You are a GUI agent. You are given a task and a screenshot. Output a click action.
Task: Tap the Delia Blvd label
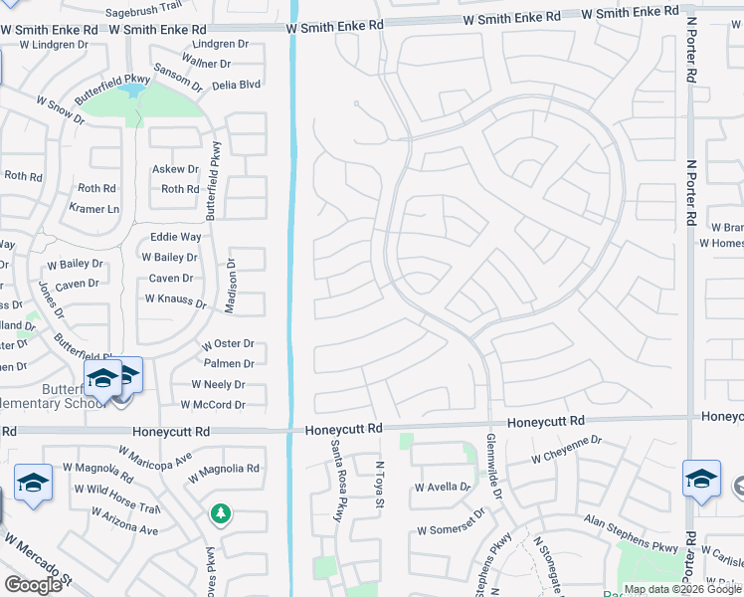tap(236, 85)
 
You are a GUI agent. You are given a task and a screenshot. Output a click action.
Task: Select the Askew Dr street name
tap(176, 169)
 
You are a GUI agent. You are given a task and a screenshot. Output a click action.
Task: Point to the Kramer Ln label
tap(94, 209)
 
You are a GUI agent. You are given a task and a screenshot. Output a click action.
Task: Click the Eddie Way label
tap(175, 237)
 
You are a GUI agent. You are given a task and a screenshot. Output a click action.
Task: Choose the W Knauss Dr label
tap(175, 298)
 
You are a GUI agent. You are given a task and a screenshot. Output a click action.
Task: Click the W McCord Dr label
tap(213, 405)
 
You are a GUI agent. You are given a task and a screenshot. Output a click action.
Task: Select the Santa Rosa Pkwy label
tap(338, 481)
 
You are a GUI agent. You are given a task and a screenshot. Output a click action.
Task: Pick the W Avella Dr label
tap(443, 487)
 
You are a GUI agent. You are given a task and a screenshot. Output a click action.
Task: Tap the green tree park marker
tap(220, 513)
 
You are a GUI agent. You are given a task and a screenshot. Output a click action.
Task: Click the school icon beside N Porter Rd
tap(701, 479)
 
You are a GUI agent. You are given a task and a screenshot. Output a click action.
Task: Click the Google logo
tap(33, 585)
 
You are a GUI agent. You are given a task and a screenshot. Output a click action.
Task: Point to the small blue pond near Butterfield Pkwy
tap(130, 91)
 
